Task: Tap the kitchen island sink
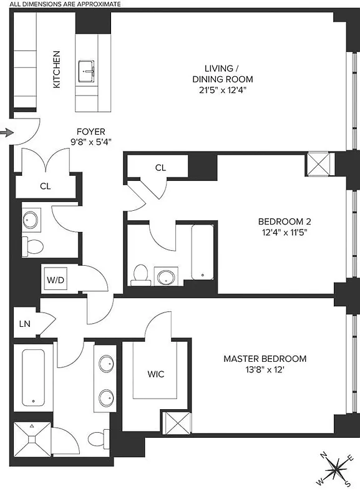pos(87,72)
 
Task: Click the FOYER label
pos(90,132)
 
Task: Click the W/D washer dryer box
pos(56,280)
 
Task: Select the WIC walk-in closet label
pos(156,374)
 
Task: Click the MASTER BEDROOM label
pos(265,359)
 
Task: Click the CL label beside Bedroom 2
pos(160,167)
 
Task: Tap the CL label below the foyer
pos(45,186)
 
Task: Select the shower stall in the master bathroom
pos(31,439)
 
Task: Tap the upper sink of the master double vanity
pos(107,363)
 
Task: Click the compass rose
pos(336,469)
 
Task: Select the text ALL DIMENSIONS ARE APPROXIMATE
pos(61,4)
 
